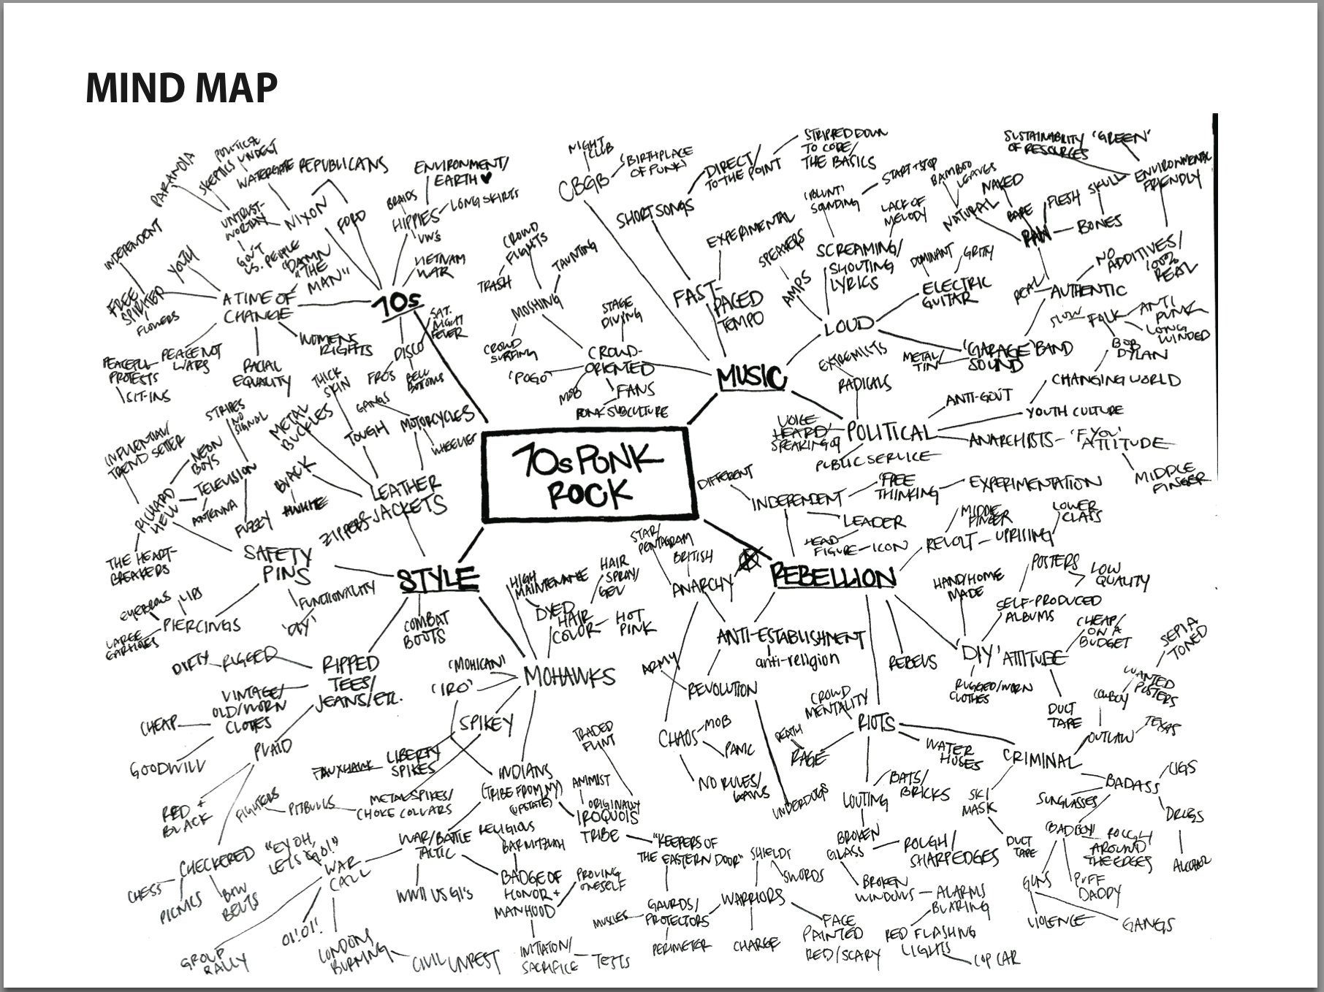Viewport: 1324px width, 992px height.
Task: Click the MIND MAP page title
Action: click(181, 87)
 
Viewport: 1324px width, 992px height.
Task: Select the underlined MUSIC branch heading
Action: click(751, 378)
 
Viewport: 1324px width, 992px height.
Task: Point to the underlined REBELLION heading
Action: click(834, 577)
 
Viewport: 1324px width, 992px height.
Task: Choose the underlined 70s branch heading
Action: click(396, 303)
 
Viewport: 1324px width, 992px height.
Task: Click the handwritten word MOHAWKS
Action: click(570, 676)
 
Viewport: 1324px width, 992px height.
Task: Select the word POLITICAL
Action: click(890, 432)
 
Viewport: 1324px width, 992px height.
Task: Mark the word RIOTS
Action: click(876, 723)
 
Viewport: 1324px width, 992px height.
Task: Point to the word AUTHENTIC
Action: click(1088, 290)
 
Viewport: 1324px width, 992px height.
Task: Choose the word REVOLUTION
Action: click(722, 688)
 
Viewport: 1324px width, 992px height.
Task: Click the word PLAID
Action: click(272, 748)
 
